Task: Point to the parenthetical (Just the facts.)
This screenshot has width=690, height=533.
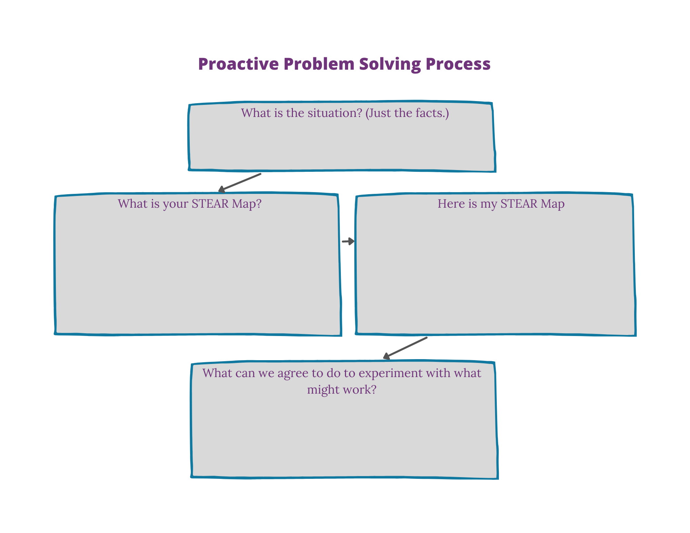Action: [407, 113]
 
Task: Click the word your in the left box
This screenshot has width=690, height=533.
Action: [177, 204]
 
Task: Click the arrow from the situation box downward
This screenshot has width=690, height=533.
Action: [240, 182]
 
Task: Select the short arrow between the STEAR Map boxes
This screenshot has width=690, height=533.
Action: [348, 241]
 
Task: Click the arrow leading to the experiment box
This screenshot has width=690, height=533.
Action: [405, 348]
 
